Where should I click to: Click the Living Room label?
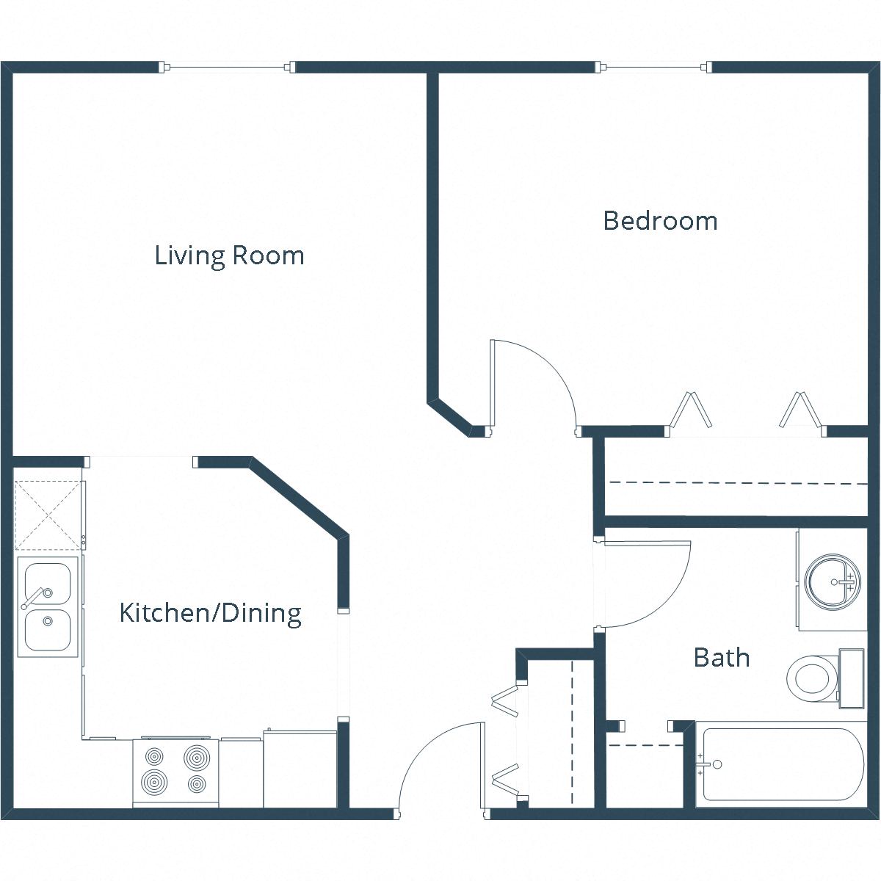tap(229, 255)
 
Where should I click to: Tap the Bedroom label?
tap(659, 220)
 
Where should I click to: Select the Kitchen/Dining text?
tap(210, 612)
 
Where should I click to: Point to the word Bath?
tap(721, 657)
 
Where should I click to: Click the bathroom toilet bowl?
tap(811, 677)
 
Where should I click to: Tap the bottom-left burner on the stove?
tap(155, 782)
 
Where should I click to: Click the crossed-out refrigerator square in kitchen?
tap(47, 515)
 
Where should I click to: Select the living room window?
tap(228, 68)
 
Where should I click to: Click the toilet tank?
tap(851, 678)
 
